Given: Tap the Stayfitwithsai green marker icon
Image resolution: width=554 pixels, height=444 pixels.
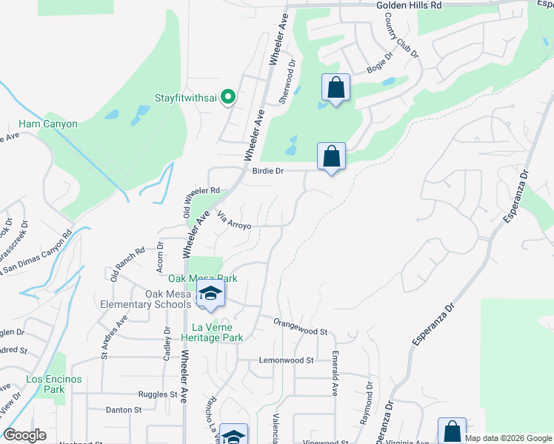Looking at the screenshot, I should click(x=229, y=97).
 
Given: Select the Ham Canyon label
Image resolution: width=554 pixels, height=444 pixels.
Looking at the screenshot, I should click(x=48, y=124).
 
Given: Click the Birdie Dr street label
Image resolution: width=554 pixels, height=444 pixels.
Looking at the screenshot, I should click(x=268, y=170).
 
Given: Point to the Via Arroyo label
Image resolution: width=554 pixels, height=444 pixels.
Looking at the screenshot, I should click(x=235, y=220).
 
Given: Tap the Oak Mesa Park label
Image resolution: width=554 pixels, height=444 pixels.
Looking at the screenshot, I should click(x=202, y=278).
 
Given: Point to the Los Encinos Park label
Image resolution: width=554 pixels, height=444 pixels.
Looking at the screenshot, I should click(x=54, y=384).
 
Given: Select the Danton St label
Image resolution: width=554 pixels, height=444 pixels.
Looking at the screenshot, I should click(x=123, y=409).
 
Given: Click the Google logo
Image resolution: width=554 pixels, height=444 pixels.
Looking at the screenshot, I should click(x=25, y=435).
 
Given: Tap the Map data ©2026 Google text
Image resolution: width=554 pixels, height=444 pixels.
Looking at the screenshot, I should click(x=507, y=438).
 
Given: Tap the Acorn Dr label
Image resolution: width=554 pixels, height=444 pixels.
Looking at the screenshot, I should click(x=159, y=255).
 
